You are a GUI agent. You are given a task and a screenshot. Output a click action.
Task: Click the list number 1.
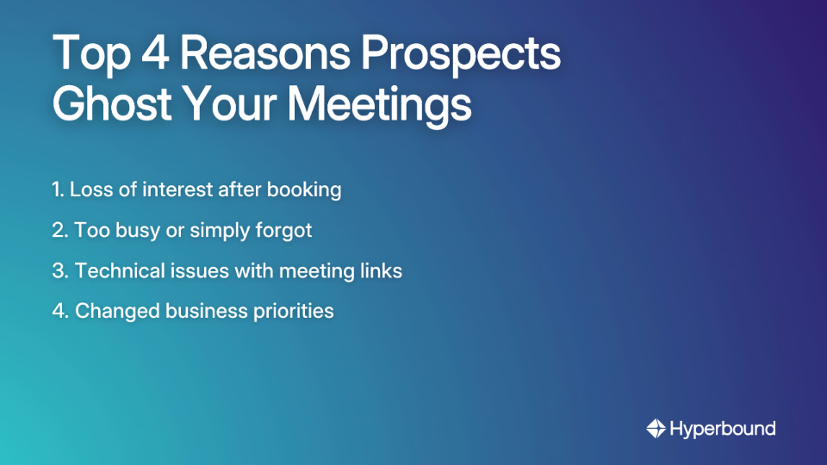tap(57, 189)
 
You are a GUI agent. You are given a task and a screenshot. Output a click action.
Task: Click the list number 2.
tap(59, 230)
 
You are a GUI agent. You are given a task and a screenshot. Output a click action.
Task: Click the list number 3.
tap(59, 270)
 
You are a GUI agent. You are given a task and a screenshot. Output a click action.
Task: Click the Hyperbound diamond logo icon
tap(656, 428)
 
